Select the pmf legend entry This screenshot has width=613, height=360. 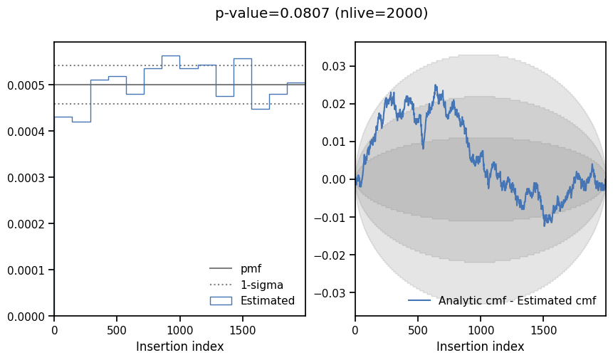236,268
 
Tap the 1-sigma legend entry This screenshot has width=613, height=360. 246,285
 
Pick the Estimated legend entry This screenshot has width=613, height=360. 252,300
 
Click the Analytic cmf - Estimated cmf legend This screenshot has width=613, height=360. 502,300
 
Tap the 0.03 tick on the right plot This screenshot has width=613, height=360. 334,66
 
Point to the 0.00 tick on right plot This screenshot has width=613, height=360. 334,180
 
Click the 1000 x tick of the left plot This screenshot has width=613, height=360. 180,331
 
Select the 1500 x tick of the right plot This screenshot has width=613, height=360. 543,331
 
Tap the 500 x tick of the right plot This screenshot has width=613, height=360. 418,331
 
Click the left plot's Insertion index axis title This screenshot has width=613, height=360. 180,346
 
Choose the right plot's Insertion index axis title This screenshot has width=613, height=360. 480,346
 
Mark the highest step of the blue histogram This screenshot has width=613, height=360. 171,56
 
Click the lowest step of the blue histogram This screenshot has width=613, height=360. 81,122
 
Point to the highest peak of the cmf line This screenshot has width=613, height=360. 436,85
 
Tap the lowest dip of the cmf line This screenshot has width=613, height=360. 544,226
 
